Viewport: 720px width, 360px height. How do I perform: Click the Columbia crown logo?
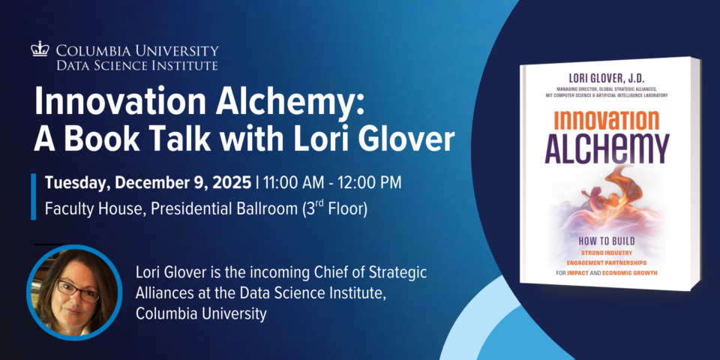40,49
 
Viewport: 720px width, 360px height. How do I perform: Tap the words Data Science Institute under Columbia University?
138,65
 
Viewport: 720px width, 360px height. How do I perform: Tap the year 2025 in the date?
232,184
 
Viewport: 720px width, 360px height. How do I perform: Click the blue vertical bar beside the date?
33,196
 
